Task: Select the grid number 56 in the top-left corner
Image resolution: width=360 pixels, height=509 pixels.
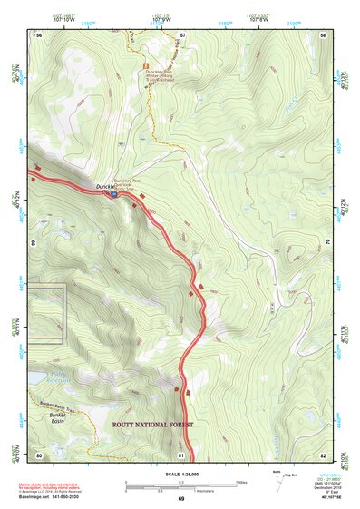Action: click(39, 34)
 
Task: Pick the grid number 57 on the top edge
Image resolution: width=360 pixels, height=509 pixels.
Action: click(182, 34)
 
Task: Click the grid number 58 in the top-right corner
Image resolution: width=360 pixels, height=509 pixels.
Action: click(323, 34)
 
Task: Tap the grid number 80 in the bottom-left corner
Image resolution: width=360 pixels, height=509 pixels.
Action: click(39, 454)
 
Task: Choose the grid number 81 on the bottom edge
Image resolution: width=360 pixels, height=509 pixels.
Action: click(181, 454)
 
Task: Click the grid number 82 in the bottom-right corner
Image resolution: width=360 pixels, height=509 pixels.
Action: click(323, 454)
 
